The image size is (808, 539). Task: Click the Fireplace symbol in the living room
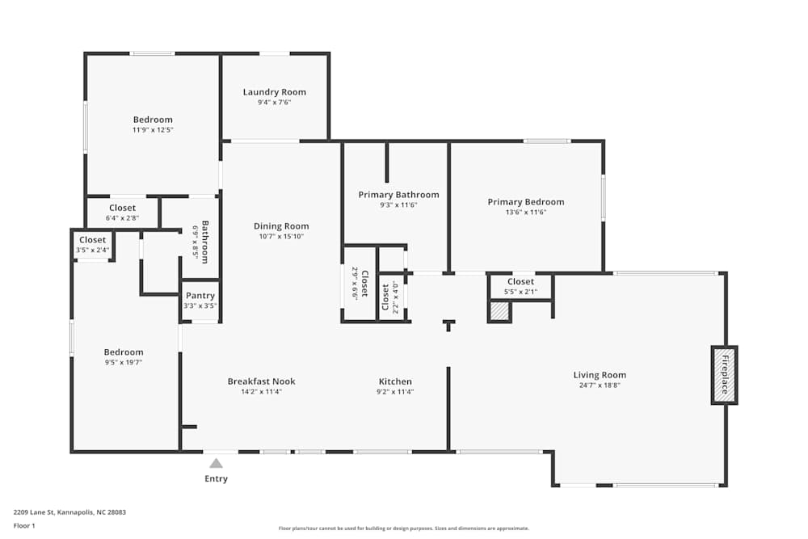click(x=724, y=375)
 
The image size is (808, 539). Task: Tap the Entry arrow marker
click(x=216, y=463)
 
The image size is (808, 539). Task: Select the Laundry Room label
click(x=275, y=92)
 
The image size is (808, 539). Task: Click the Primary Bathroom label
click(x=398, y=195)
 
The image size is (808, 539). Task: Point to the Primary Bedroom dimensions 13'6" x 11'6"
click(x=526, y=213)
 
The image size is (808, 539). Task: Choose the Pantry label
click(x=200, y=296)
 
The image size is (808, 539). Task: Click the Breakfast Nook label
click(x=261, y=381)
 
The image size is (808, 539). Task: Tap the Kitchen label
click(x=395, y=381)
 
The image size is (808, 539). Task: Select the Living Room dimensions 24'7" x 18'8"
click(x=600, y=385)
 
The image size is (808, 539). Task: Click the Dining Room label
click(x=281, y=226)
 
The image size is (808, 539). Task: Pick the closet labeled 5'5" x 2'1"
click(x=520, y=286)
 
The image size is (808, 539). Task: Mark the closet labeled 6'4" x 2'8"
click(x=123, y=213)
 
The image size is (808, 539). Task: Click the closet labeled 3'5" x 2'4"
click(x=92, y=245)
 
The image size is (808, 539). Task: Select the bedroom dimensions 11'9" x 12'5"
click(x=153, y=130)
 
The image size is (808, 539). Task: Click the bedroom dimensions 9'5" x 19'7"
click(x=124, y=363)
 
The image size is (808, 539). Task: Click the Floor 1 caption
click(x=24, y=525)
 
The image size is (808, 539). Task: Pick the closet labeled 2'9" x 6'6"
click(x=360, y=283)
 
